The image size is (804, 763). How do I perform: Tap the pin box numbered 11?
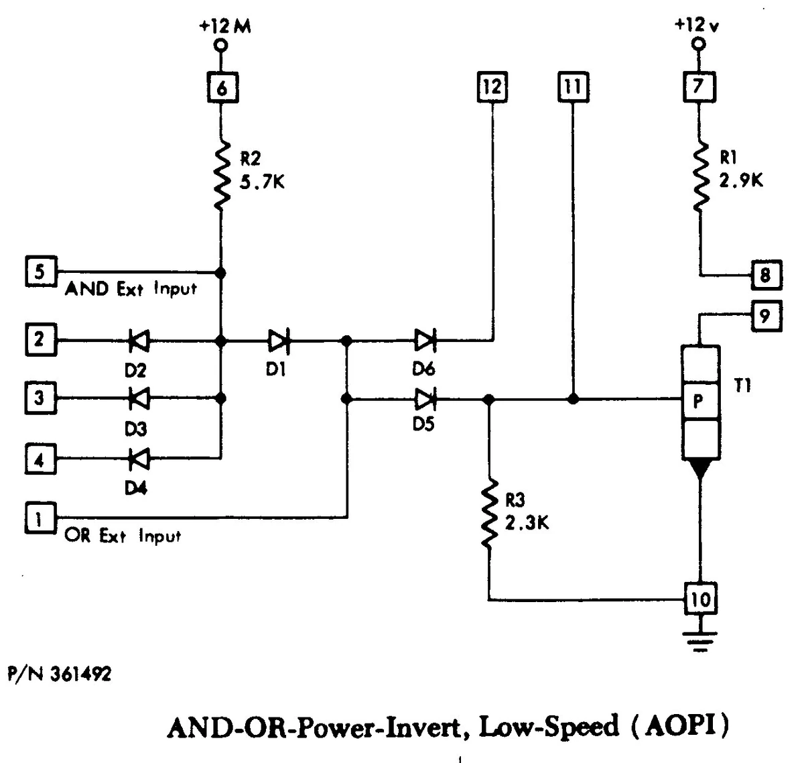[x=573, y=87]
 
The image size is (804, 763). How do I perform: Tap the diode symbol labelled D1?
[x=279, y=341]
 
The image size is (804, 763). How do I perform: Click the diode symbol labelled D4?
[x=139, y=459]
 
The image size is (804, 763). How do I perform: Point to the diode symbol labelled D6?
[x=425, y=341]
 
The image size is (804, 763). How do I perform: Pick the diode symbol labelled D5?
[x=425, y=400]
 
